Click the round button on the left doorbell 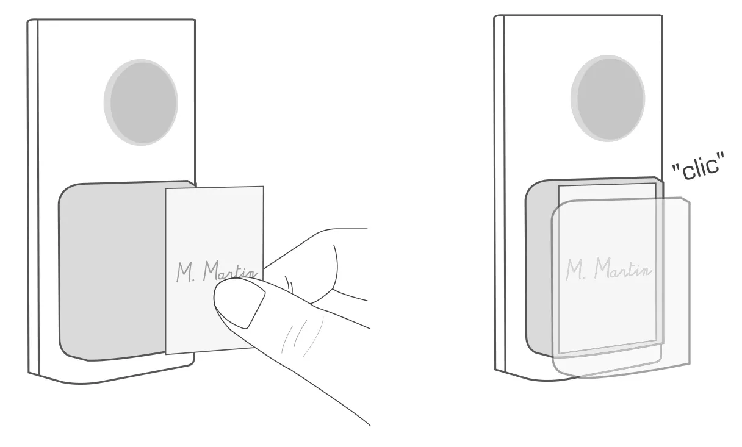141,102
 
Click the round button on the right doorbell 608,98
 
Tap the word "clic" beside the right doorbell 699,167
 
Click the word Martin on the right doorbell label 623,268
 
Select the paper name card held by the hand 215,270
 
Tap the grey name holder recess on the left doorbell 113,271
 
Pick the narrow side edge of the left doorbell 33,197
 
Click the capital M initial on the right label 574,270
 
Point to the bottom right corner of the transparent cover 690,364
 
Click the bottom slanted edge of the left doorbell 113,376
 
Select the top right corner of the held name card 264,187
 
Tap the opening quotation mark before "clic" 675,168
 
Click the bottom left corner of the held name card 165,354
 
